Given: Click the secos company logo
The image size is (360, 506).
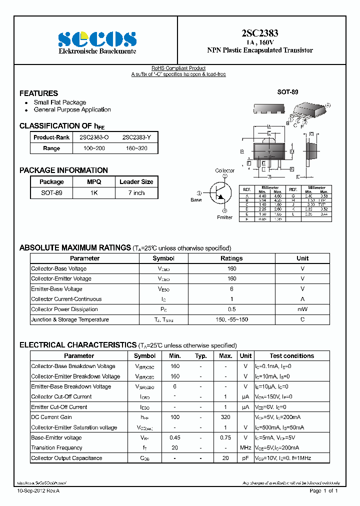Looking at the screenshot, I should (97, 38).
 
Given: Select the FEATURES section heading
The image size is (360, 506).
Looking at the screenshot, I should (38, 93).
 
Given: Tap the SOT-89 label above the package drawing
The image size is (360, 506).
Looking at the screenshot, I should (287, 92).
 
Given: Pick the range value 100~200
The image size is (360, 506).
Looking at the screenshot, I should (94, 148).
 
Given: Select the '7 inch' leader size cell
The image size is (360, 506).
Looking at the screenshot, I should (136, 193).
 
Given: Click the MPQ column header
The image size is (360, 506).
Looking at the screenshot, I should (94, 182).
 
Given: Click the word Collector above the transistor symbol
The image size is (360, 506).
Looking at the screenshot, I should (224, 171).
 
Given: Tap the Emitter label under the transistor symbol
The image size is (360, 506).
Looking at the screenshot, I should (224, 217).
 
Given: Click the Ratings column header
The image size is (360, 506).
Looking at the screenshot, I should (231, 258).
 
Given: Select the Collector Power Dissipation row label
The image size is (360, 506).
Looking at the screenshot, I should (64, 309).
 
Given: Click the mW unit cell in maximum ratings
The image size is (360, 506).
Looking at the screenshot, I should (302, 309).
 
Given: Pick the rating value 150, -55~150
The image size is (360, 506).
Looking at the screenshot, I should (231, 319).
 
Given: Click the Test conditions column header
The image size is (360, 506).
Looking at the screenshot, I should (291, 356).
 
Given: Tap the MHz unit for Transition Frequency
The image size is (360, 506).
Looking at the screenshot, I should (245, 448).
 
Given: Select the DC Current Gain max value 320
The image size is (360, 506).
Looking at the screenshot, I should (225, 417).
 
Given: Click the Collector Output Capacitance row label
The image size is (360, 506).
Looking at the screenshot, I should (66, 458).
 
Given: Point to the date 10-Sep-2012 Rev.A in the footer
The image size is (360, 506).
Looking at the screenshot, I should (38, 491).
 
